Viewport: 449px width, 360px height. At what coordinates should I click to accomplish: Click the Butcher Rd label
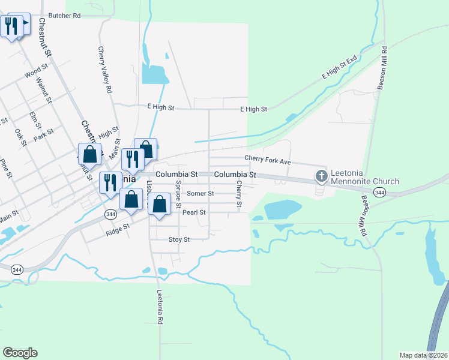pos(64,16)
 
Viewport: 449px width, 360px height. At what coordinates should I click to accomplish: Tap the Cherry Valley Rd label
pos(105,70)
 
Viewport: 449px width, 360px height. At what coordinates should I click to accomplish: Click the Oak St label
pos(20,137)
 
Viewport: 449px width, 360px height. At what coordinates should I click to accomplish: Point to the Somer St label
pos(200,193)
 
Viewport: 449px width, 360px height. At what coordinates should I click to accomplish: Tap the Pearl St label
pos(194,212)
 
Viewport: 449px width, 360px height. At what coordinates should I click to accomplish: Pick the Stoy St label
pos(179,239)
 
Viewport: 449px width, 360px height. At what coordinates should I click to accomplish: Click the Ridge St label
pos(118,228)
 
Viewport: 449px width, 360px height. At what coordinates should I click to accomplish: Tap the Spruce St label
pos(178,193)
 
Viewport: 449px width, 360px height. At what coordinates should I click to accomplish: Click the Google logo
pos(20,353)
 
